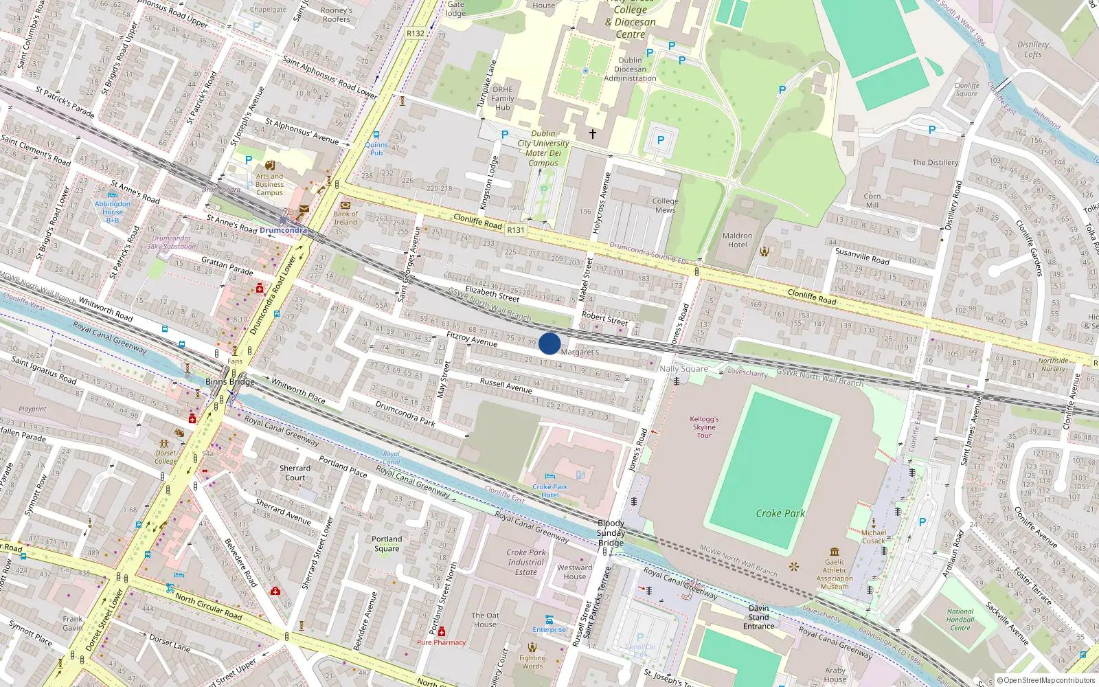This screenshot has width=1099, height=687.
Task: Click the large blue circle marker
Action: tap(549, 343)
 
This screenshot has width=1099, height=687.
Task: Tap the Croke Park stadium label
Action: tap(780, 513)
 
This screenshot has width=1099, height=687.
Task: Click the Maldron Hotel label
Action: tap(737, 240)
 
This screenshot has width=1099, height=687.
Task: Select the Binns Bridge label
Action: tap(230, 382)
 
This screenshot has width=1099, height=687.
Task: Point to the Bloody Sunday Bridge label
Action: tap(611, 533)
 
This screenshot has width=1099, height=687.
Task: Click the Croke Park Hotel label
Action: tap(549, 491)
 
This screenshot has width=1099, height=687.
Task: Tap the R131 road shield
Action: tap(515, 230)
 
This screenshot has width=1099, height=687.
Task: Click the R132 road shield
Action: tap(416, 33)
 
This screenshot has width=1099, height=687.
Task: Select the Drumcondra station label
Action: tap(283, 230)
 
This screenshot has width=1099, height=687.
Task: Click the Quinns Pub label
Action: tap(376, 148)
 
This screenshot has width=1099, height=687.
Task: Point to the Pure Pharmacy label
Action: tap(441, 642)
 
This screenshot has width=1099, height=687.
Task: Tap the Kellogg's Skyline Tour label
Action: tap(704, 427)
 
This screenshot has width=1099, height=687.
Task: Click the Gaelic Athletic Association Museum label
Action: tap(835, 574)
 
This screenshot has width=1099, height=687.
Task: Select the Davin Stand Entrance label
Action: tap(758, 617)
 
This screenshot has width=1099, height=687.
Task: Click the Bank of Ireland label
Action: tap(345, 218)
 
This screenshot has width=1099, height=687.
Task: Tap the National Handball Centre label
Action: tap(960, 619)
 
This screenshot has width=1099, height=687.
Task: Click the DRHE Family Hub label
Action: tap(503, 98)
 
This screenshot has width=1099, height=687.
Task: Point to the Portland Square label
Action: tap(387, 543)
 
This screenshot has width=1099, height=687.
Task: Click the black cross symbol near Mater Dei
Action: tap(592, 134)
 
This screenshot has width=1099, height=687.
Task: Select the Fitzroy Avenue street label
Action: tap(472, 339)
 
